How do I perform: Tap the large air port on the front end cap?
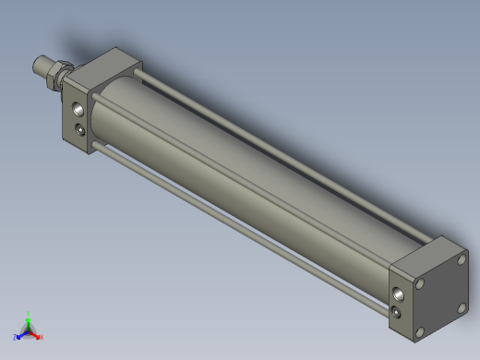tap(78, 111)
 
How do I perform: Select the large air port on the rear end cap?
tap(398, 294)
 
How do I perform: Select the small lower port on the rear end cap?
tap(397, 312)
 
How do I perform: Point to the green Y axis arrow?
tap(29, 320)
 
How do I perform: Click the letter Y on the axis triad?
tap(29, 313)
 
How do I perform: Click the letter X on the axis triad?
tap(42, 338)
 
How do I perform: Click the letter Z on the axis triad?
tap(16, 338)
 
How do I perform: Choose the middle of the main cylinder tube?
tap(249, 171)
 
